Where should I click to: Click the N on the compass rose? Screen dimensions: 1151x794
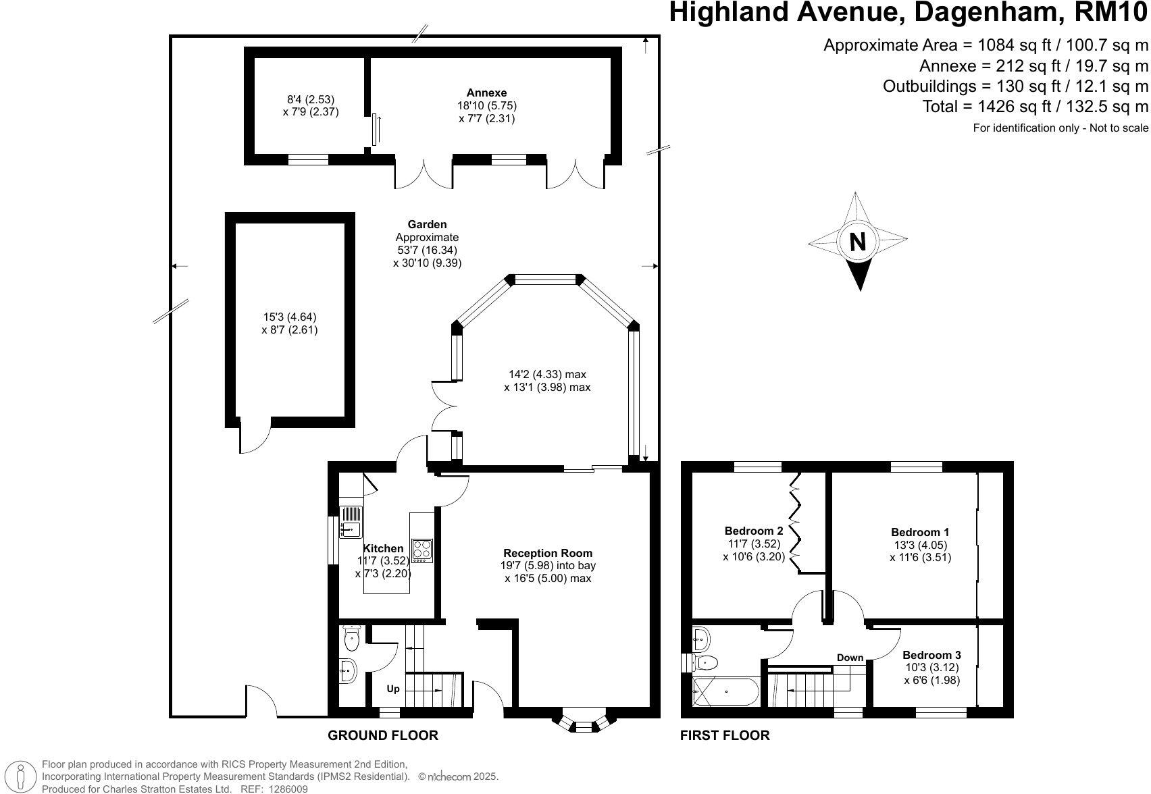click(858, 242)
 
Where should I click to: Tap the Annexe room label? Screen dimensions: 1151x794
click(486, 93)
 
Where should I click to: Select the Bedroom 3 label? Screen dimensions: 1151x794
click(931, 655)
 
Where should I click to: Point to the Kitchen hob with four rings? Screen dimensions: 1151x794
click(422, 550)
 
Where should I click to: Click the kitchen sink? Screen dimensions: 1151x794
click(351, 522)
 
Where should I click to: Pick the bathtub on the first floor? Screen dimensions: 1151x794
click(725, 691)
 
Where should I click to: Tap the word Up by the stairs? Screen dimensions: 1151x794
click(392, 689)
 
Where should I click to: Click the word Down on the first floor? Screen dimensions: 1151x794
click(850, 658)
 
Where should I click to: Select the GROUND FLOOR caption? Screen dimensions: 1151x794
click(383, 735)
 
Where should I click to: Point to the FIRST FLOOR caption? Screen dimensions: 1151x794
click(725, 735)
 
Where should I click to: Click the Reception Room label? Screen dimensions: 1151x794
click(548, 553)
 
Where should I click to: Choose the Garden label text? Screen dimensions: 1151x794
click(427, 224)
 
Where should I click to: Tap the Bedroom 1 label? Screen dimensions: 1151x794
click(920, 532)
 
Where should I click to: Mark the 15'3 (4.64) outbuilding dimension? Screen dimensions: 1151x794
click(290, 317)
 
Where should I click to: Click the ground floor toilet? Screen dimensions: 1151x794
click(352, 637)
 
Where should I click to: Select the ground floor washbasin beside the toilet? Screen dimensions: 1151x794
click(349, 670)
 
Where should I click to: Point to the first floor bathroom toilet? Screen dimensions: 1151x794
click(704, 662)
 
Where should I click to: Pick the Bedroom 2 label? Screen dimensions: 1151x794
click(754, 531)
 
